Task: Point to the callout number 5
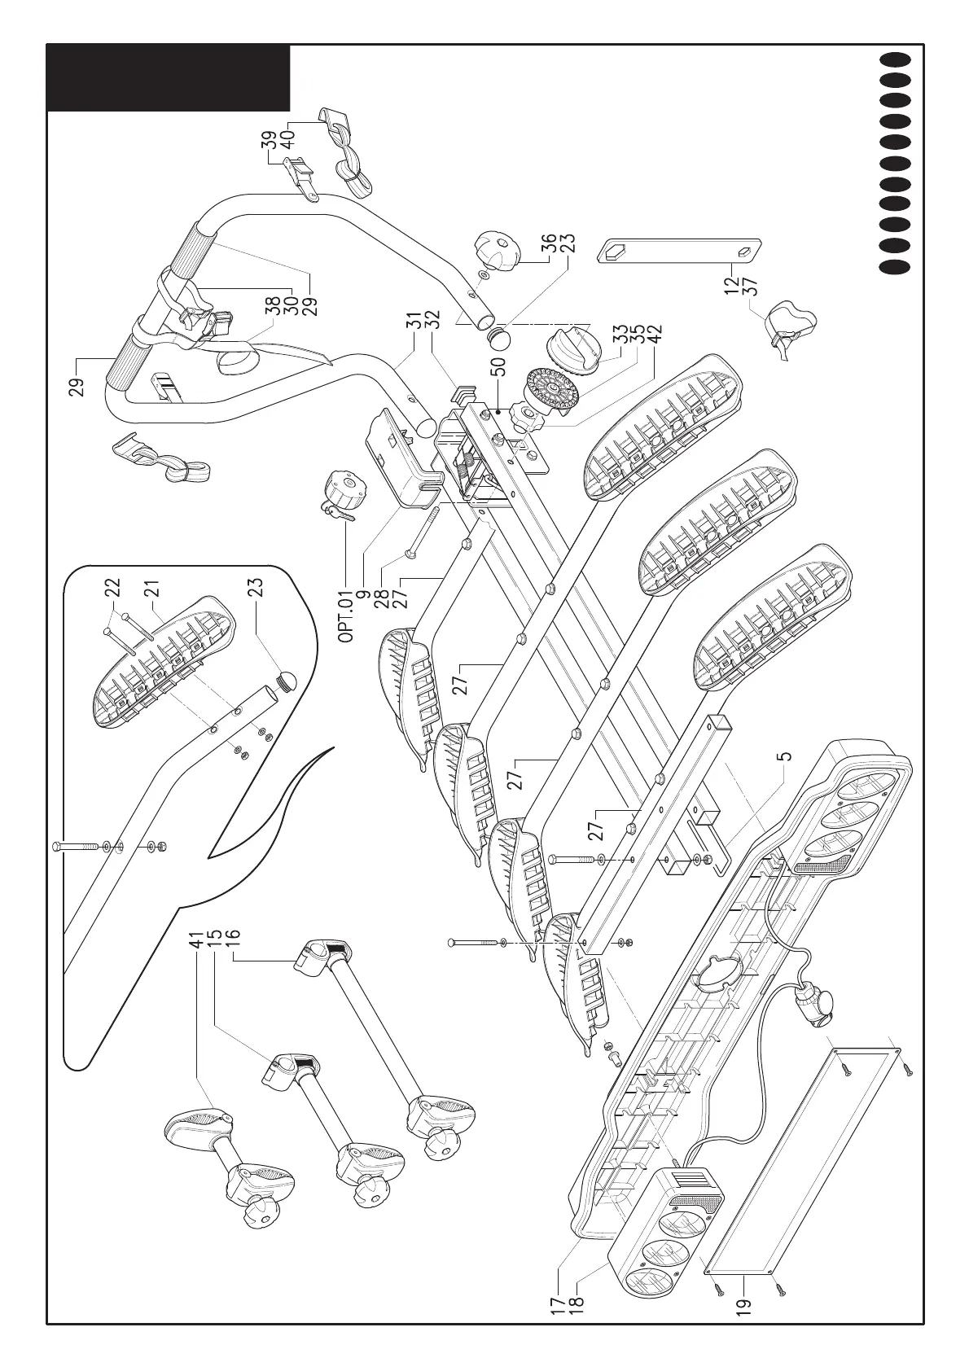pos(783,756)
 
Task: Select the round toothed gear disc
pos(552,393)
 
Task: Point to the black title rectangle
pos(168,77)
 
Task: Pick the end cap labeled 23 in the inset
pos(286,680)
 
